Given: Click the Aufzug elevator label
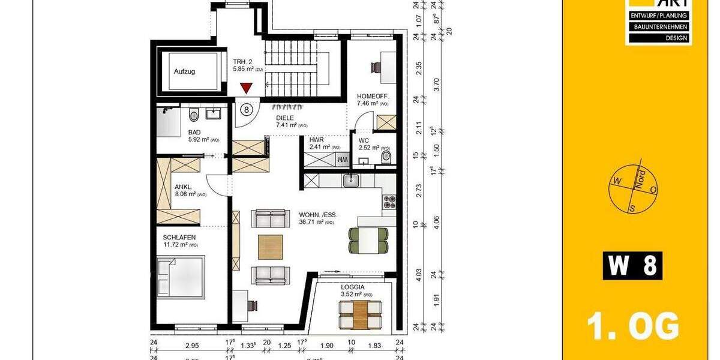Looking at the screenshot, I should tap(184, 71).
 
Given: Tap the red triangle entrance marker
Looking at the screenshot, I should tap(245, 88).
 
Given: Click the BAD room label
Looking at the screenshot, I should tap(194, 132).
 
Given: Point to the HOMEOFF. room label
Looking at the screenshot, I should tap(373, 96).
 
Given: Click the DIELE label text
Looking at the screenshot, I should tap(284, 118).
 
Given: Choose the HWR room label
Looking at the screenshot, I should tap(316, 139).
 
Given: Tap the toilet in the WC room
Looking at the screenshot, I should tap(386, 157).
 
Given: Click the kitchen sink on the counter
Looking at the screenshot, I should tap(351, 180).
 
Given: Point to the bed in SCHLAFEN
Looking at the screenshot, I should tap(180, 277).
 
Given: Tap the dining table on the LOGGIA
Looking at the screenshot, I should tap(359, 314).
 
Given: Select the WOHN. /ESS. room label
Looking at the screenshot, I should tap(318, 214).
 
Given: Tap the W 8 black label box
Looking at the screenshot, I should tap(632, 266).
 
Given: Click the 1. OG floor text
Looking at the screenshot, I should tap(632, 327).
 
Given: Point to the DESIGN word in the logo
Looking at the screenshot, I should tap(658, 37).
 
